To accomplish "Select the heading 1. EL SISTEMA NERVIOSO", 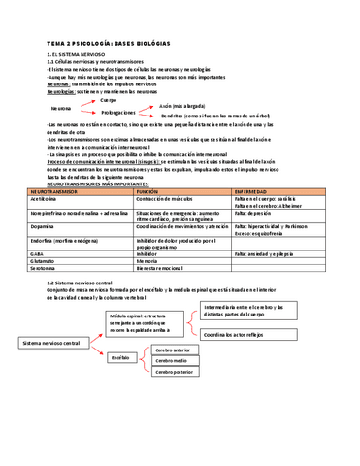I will pyautogui.click(x=75, y=56).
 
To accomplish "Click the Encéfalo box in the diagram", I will pyautogui.click(x=121, y=358).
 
